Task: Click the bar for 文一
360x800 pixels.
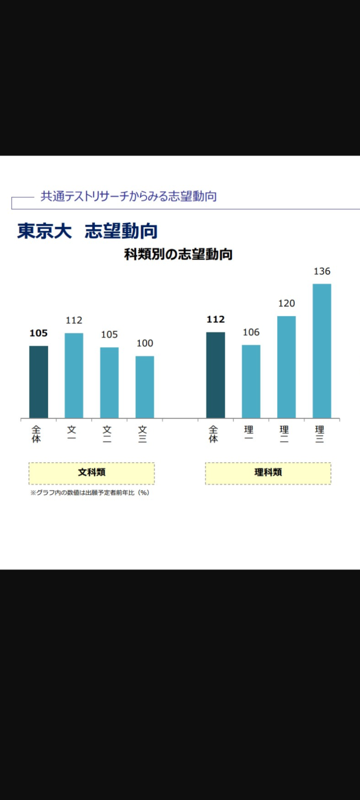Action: (74, 375)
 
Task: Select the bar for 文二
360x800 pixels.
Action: (109, 382)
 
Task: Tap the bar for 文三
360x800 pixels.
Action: (145, 387)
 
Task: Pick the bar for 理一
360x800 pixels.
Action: (251, 381)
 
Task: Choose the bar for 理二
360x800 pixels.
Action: (286, 367)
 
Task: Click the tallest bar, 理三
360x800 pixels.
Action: (322, 351)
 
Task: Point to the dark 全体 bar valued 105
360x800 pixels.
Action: (39, 382)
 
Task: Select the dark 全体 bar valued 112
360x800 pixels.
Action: (216, 375)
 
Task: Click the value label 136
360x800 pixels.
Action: (322, 271)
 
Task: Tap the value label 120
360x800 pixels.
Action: (286, 303)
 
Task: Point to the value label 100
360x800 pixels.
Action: (145, 343)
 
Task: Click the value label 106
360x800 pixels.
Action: (251, 332)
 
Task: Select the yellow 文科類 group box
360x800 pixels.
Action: (92, 473)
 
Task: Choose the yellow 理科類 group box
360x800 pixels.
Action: (268, 473)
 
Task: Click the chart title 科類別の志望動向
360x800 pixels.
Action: (178, 254)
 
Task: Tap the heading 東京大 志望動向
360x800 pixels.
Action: (87, 231)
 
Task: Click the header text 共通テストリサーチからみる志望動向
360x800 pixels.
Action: (129, 196)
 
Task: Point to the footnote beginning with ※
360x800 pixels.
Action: (90, 493)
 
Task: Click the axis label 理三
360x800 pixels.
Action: (319, 434)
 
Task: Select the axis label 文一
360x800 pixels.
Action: (72, 432)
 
